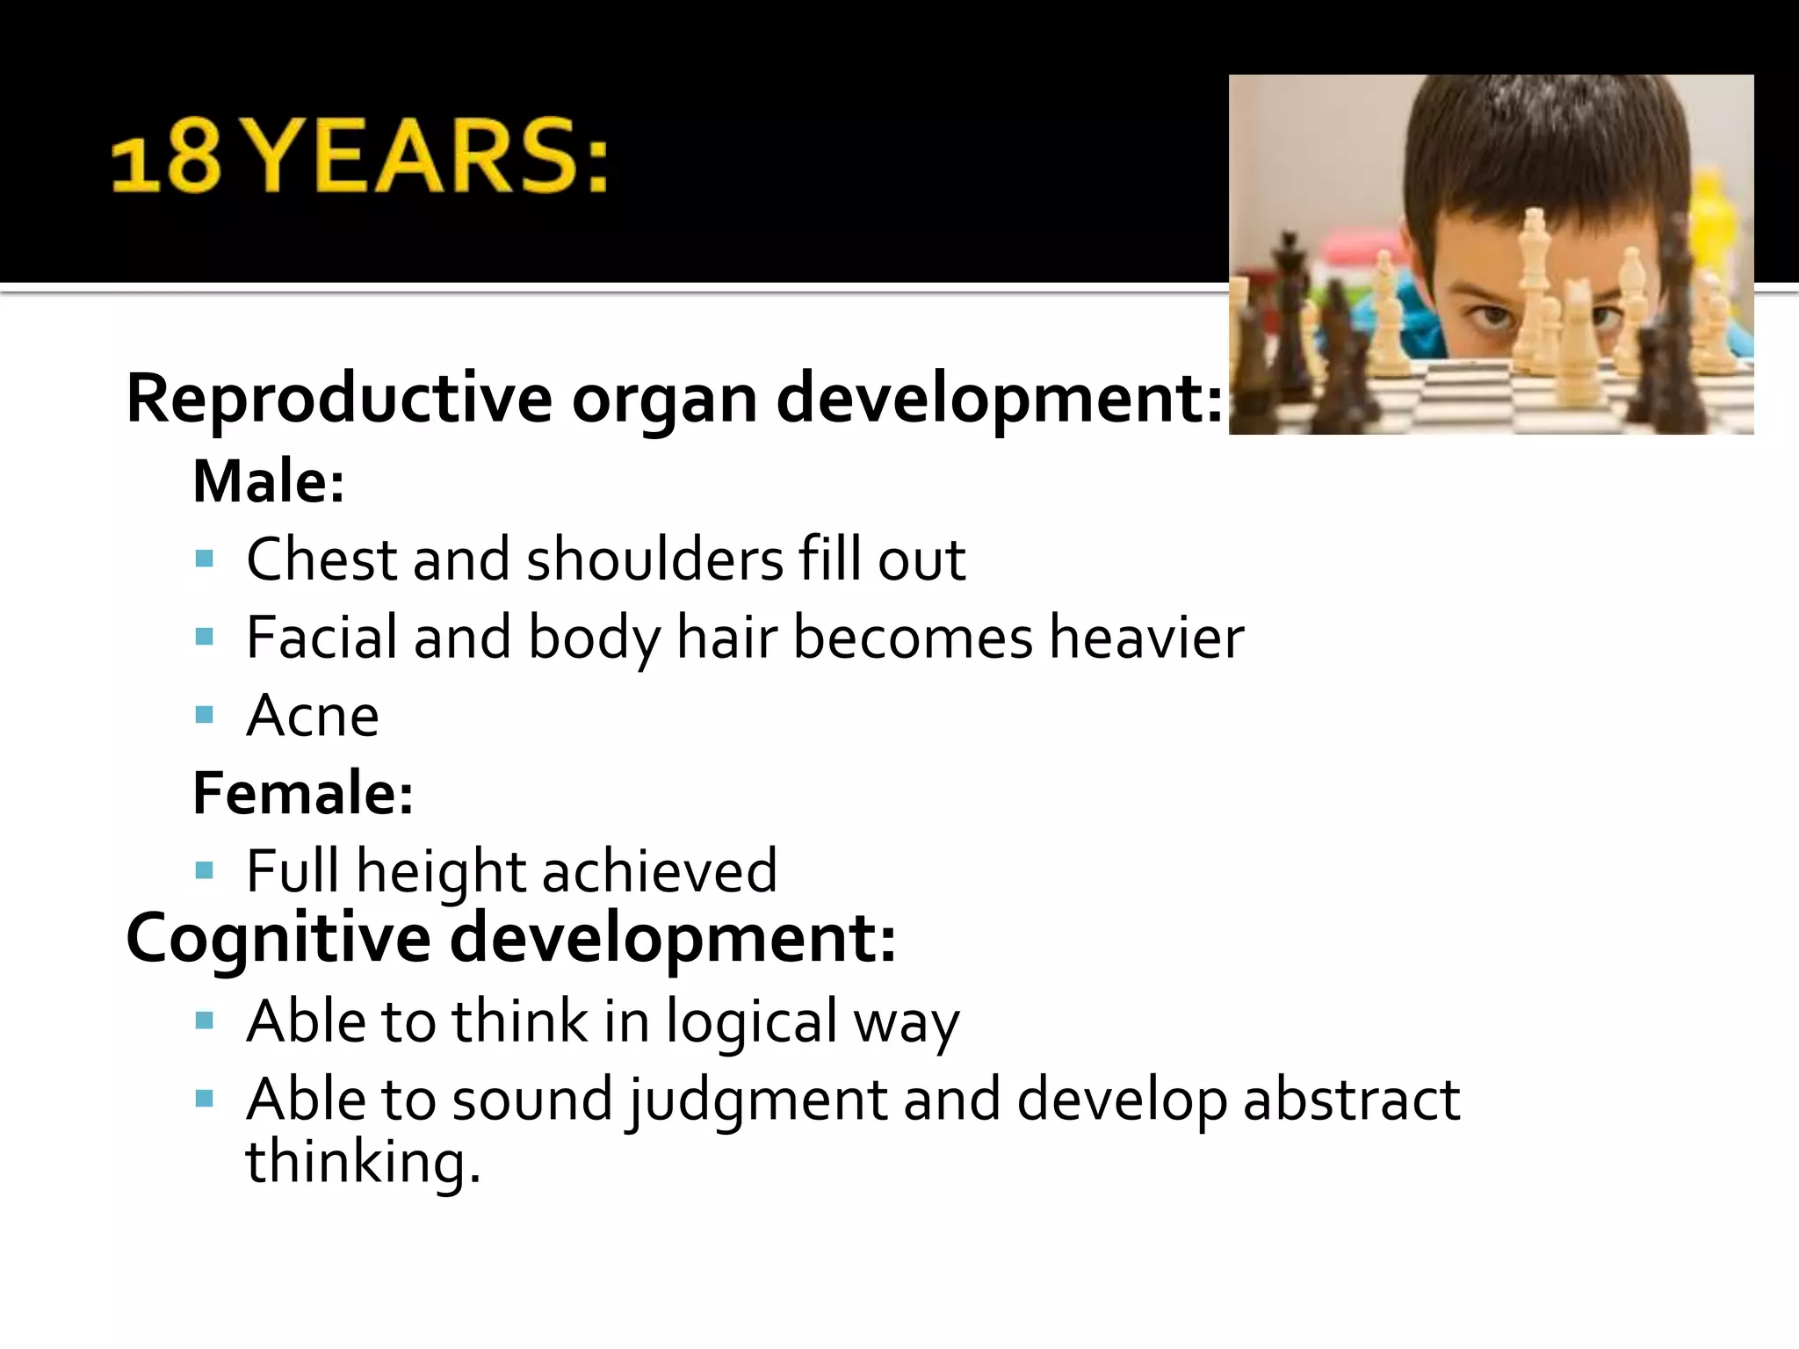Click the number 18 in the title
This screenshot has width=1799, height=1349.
165,160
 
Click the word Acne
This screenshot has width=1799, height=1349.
313,716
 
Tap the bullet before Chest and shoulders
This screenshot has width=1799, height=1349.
205,559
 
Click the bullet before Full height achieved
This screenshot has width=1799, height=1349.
205,870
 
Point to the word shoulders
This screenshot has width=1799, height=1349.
654,559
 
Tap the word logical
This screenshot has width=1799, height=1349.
751,1022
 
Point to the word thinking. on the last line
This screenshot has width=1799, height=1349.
363,1162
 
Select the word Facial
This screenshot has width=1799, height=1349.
322,637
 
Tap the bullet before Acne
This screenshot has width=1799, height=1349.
205,714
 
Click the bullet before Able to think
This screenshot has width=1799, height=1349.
205,1021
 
